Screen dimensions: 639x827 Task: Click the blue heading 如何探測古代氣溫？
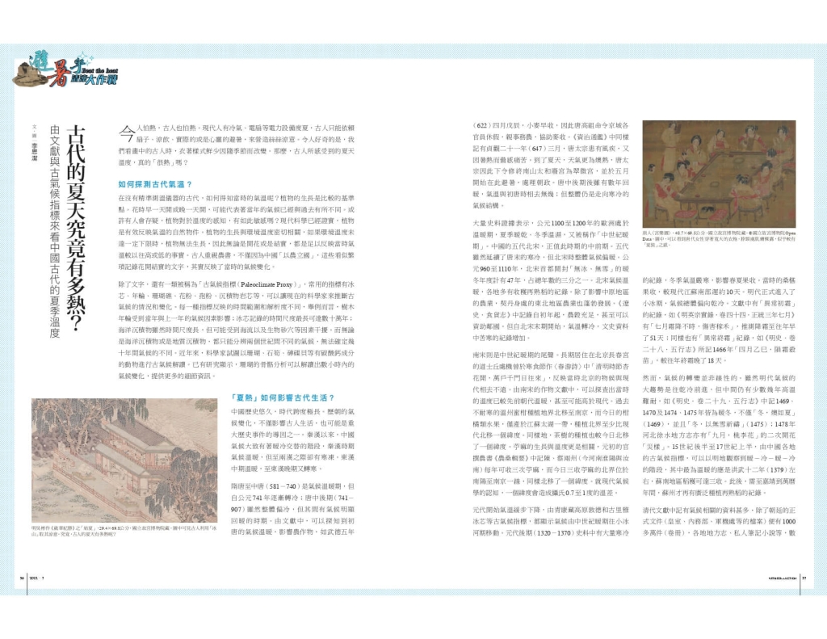[x=144, y=185]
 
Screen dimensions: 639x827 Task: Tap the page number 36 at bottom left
[x=23, y=578]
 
